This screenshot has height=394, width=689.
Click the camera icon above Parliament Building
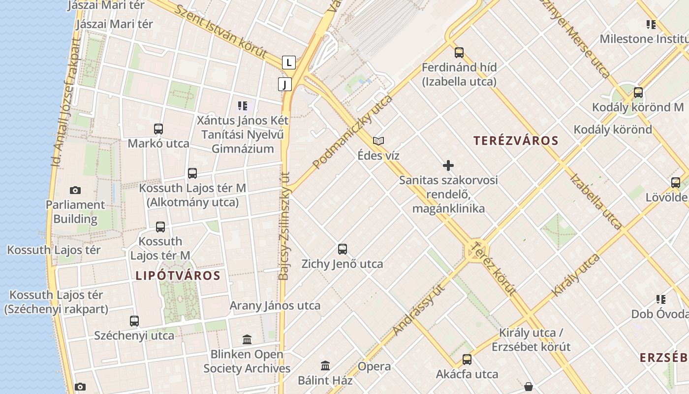pos(75,190)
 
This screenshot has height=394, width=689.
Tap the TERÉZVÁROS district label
pos(516,141)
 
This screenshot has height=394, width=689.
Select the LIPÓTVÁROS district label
pos(178,276)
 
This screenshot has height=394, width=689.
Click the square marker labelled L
pos(289,63)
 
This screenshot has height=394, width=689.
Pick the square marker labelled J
pos(284,84)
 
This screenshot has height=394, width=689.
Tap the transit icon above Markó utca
pos(158,129)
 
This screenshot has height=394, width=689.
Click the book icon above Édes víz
pos(378,141)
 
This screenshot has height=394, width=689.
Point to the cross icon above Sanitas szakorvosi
pos(448,165)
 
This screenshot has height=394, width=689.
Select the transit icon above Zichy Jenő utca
pos(343,249)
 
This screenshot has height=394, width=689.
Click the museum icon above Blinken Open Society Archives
pos(247,339)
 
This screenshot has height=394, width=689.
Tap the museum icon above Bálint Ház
pos(325,366)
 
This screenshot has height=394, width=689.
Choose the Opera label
pos(374,366)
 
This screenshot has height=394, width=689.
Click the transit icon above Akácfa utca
pos(467,360)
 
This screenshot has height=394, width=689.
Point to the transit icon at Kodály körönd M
pos(638,93)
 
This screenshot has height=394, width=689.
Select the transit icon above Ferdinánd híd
pos(459,53)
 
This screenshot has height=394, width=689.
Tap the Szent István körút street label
pos(221,32)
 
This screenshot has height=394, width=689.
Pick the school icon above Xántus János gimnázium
pos(242,105)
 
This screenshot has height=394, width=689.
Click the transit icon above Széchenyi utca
pos(134,321)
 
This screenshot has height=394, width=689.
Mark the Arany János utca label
pos(275,305)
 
